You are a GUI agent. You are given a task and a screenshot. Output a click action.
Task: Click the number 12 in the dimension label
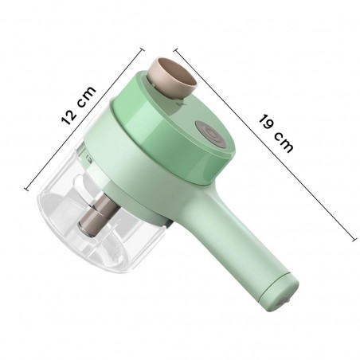point(70,116)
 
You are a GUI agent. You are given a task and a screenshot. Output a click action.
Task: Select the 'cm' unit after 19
point(284,145)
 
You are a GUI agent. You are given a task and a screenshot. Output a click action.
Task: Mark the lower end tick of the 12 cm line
point(28,189)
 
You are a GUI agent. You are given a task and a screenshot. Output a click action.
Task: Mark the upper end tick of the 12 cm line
point(129,45)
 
